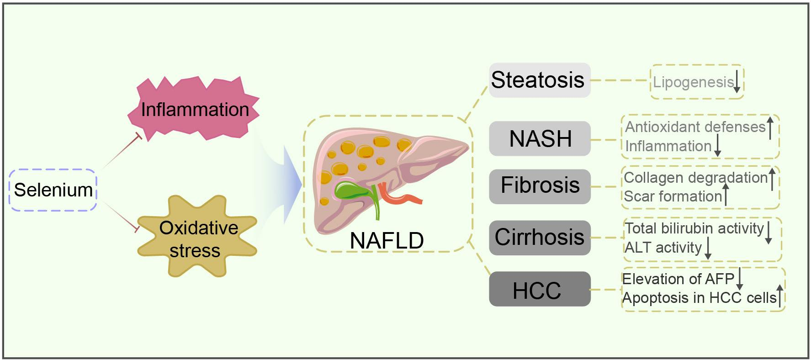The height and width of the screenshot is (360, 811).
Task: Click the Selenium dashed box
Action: pyautogui.click(x=53, y=190)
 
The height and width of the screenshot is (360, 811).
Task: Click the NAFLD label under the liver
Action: pyautogui.click(x=387, y=240)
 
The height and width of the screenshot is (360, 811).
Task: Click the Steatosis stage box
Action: pyautogui.click(x=539, y=80)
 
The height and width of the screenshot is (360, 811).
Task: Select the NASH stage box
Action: pyautogui.click(x=540, y=139)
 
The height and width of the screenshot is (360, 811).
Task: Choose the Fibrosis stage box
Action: pyautogui.click(x=540, y=186)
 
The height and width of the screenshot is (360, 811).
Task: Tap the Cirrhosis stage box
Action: pyautogui.click(x=540, y=238)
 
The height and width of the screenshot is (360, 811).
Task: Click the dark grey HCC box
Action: pyautogui.click(x=540, y=290)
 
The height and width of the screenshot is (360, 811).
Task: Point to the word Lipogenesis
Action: pyautogui.click(x=693, y=82)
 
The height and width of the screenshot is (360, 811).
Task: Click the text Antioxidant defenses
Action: pyautogui.click(x=694, y=127)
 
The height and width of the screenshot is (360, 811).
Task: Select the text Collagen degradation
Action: pyautogui.click(x=695, y=177)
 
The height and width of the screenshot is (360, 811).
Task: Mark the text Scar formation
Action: pyautogui.click(x=673, y=196)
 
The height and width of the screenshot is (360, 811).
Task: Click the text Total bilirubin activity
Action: pyautogui.click(x=694, y=228)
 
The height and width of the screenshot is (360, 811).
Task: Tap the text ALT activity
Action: pyautogui.click(x=663, y=248)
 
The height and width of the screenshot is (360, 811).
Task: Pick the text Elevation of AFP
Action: pyautogui.click(x=678, y=279)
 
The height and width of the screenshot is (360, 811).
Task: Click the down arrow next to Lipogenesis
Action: pyautogui.click(x=737, y=82)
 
